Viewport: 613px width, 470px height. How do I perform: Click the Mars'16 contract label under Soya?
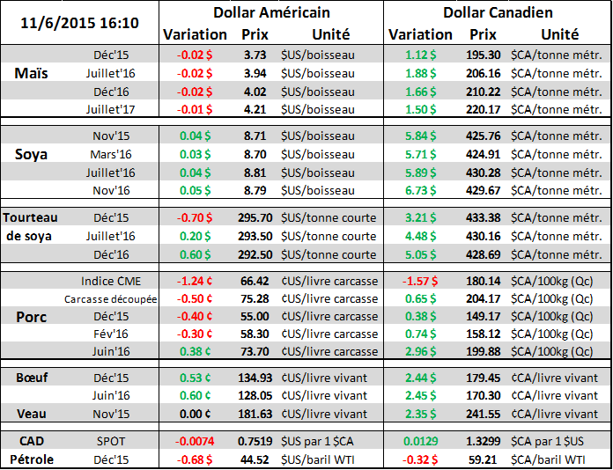(111, 154)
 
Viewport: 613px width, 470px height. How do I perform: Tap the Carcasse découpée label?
(110, 298)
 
